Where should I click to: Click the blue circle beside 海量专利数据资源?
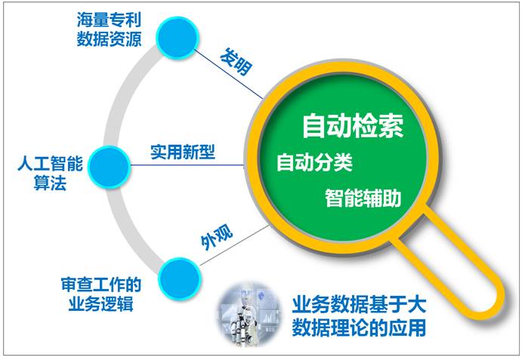178,38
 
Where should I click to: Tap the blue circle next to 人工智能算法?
110,168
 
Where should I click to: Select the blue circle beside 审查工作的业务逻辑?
180,278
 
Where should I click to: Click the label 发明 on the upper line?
236,62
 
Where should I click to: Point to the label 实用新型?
183,152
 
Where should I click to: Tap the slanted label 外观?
217,238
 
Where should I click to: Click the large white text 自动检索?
353,126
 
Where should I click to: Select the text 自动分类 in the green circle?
314,162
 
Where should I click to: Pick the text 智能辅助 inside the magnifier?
363,198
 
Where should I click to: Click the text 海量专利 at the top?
110,20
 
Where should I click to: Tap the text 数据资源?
110,39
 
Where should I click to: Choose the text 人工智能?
51,164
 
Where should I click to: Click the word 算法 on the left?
51,183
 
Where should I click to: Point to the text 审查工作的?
101,285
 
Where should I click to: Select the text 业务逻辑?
101,303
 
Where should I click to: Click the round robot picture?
249,315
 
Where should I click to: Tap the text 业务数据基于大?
360,305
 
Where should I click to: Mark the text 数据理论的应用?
360,328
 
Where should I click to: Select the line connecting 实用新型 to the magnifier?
187,165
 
